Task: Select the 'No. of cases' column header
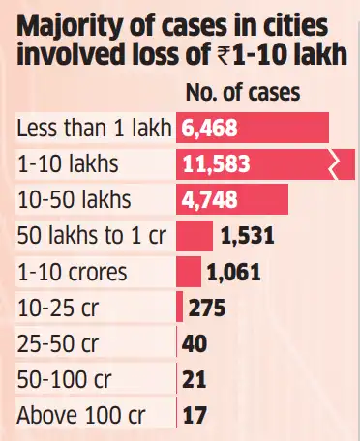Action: point(242,94)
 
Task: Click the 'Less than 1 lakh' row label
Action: point(94,129)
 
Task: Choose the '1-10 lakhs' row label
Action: point(68,164)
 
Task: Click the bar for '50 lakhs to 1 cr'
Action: point(195,236)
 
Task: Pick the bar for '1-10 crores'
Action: point(189,272)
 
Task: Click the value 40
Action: point(195,344)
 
